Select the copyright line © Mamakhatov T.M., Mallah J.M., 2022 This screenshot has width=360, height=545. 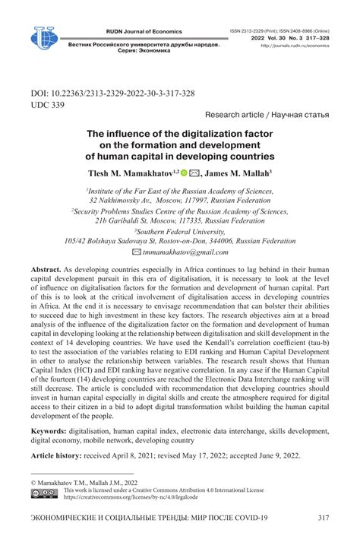tap(85, 483)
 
